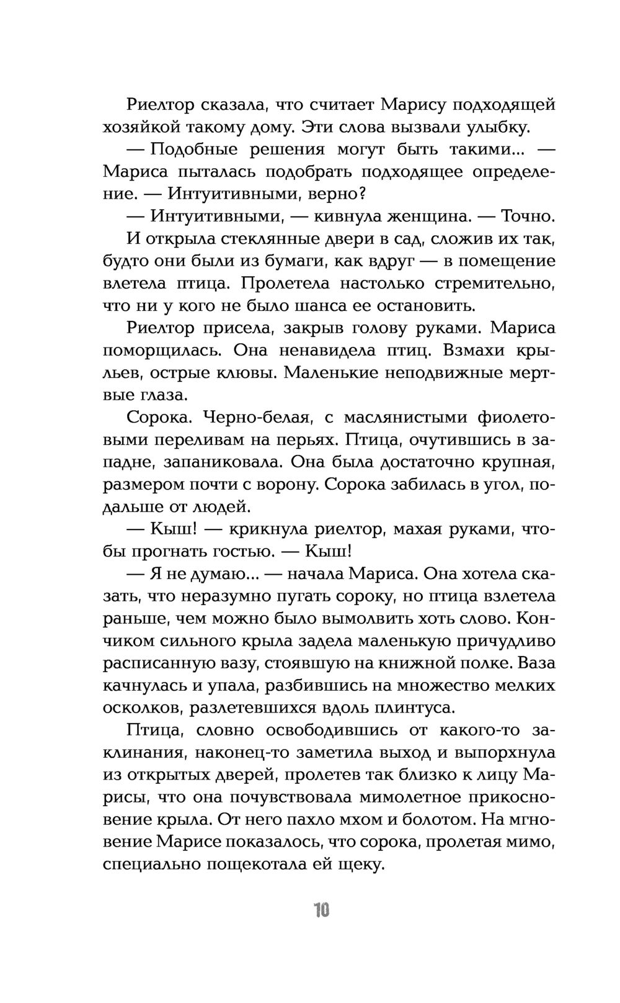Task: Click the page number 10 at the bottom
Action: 321,911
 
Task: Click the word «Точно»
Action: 526,217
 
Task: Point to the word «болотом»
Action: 435,819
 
